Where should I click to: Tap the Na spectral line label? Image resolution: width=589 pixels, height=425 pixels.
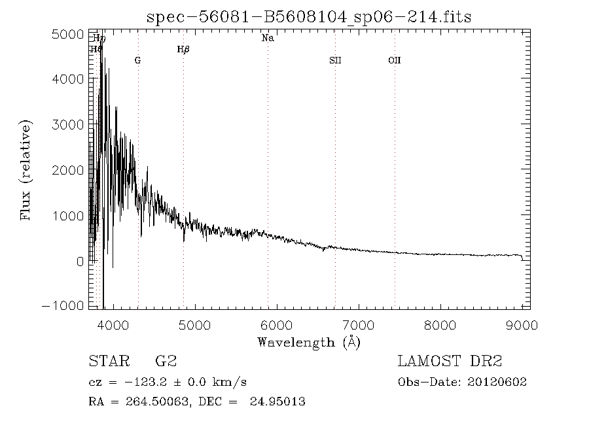click(x=268, y=38)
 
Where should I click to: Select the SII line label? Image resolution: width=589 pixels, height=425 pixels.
click(x=335, y=60)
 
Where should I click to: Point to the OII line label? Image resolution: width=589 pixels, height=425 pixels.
click(x=394, y=60)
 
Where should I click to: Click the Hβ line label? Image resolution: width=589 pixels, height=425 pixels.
click(x=183, y=49)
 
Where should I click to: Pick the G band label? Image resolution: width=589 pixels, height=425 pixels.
click(x=137, y=60)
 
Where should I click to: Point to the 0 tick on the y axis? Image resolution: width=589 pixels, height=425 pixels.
click(x=80, y=261)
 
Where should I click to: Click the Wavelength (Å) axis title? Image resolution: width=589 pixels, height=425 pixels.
click(x=309, y=341)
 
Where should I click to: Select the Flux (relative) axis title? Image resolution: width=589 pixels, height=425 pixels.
click(x=27, y=170)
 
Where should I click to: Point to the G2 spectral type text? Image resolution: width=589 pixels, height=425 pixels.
click(x=165, y=362)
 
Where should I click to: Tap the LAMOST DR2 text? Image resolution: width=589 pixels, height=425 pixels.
click(x=450, y=362)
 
